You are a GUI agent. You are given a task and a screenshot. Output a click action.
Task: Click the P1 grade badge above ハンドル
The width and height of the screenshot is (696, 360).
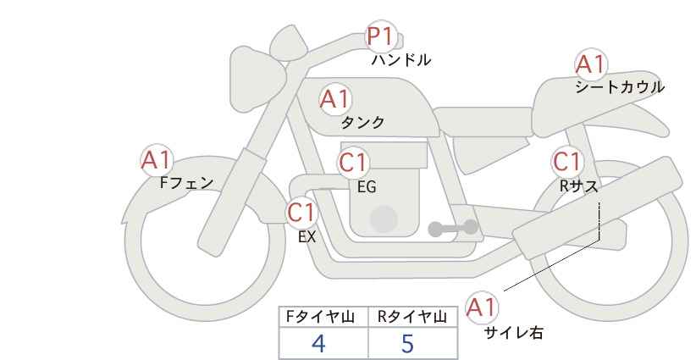[381, 36]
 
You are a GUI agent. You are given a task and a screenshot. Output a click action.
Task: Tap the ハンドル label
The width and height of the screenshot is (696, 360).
[400, 59]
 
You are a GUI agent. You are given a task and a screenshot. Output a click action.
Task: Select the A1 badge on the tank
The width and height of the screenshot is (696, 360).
[335, 99]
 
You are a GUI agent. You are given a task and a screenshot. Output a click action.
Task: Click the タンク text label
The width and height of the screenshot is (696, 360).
[362, 122]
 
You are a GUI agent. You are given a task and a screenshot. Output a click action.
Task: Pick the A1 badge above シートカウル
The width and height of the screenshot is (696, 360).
[591, 64]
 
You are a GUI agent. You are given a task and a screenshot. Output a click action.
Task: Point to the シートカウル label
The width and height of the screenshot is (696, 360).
[620, 87]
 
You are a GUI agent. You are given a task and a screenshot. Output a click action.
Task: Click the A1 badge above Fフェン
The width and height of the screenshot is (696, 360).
[157, 160]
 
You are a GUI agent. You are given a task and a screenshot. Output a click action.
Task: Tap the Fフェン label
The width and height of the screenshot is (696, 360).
[186, 183]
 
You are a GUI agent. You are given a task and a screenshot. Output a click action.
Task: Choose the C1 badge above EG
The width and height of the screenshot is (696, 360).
[353, 163]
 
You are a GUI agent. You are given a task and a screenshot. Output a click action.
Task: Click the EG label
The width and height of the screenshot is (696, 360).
[367, 187]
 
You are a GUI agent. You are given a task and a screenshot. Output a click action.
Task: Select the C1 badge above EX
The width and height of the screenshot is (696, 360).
[301, 212]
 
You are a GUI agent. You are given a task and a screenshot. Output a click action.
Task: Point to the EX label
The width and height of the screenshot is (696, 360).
[307, 237]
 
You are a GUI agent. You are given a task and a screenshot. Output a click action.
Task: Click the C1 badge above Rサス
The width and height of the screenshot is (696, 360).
[566, 162]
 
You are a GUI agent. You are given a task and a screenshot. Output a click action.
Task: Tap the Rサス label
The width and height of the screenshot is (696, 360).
[578, 186]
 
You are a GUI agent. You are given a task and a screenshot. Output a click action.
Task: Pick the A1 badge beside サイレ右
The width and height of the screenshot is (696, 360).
[482, 307]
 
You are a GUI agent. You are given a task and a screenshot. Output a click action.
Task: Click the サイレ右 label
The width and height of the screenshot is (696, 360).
[514, 332]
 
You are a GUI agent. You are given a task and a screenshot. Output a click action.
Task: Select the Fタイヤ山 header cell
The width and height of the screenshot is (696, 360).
[323, 317]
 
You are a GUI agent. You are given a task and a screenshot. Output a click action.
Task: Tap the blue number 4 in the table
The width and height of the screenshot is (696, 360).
[318, 343]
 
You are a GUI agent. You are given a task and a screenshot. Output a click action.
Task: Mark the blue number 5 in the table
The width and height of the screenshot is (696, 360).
[407, 343]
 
